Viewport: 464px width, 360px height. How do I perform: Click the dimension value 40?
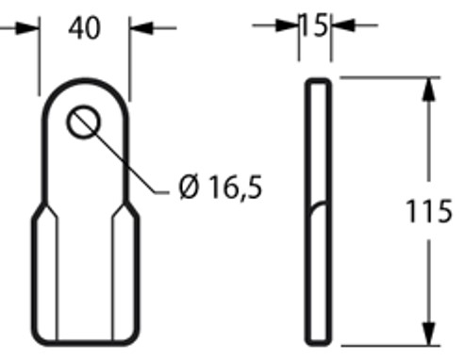click(x=85, y=28)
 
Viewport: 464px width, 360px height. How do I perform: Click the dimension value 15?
click(x=314, y=25)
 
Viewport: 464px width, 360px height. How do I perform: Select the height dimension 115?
click(x=429, y=212)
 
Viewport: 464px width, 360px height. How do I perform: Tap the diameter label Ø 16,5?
click(x=220, y=188)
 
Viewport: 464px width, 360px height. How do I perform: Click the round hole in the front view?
click(x=83, y=123)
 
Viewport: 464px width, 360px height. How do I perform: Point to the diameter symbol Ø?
click(x=189, y=188)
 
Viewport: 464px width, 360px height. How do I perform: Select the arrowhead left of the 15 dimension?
click(x=288, y=25)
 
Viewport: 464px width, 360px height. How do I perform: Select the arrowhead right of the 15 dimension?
click(x=340, y=25)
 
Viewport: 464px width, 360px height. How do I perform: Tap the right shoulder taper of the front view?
click(x=131, y=209)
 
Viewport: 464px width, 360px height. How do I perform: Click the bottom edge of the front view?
click(x=85, y=342)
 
